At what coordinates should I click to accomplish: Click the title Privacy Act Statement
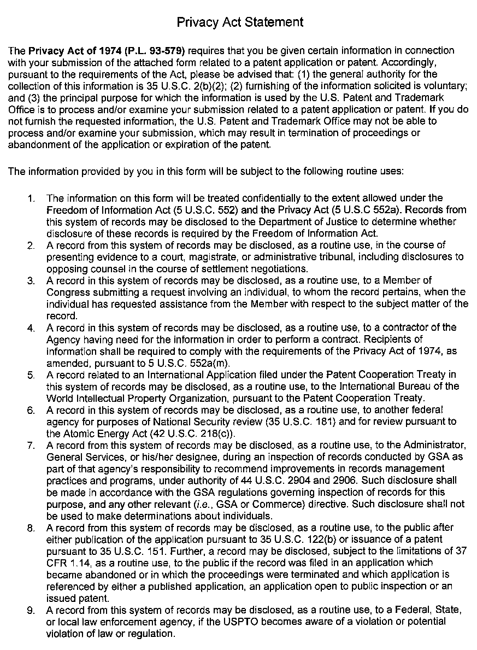tap(240, 22)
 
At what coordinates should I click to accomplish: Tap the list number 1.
tap(31, 198)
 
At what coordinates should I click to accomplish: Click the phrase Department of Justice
tap(295, 221)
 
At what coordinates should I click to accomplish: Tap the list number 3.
tap(31, 281)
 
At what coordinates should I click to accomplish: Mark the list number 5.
tap(31, 375)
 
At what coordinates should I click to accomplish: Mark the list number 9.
tap(31, 611)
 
